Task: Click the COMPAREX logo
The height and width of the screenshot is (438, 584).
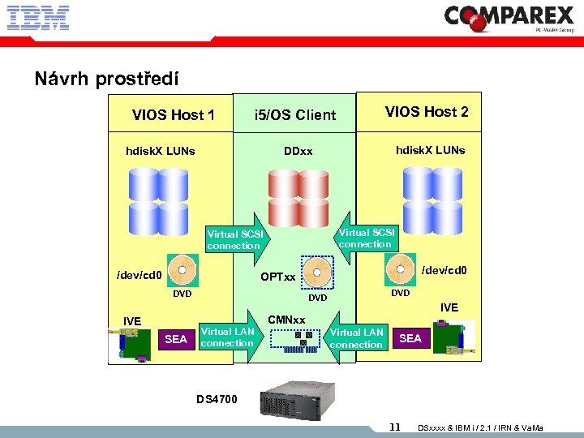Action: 509,18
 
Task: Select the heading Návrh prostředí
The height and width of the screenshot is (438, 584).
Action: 106,79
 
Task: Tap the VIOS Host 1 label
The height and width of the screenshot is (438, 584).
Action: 173,115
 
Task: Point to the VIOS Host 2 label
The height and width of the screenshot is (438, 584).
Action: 426,112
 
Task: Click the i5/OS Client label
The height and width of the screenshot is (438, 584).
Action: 294,115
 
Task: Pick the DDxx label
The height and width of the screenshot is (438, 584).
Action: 298,152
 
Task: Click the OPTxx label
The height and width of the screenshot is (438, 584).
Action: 277,277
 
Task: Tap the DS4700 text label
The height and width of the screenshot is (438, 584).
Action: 217,398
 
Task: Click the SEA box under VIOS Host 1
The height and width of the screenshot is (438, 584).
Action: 176,339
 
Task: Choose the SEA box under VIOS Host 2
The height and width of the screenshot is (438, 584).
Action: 410,338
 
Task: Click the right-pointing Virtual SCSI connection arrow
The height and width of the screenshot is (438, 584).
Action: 236,238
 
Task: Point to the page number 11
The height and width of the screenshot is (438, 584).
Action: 395,427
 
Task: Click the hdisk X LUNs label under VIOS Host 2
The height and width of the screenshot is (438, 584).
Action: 430,150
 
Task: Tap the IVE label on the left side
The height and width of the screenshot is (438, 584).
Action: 131,322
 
